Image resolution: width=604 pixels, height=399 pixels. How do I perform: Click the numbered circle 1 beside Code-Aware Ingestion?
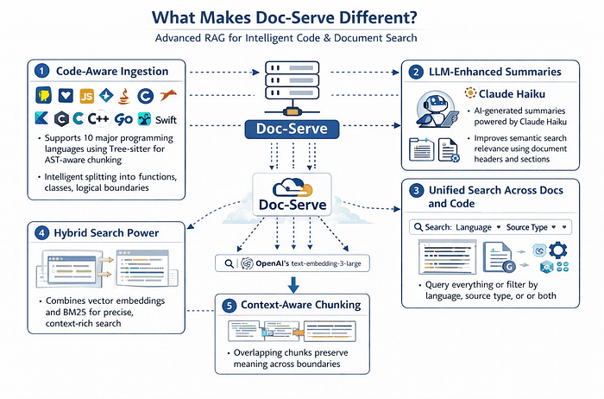click(x=42, y=71)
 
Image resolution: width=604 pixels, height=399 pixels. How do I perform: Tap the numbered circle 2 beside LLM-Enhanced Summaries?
click(x=416, y=72)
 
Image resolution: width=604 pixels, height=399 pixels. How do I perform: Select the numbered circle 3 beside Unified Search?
click(x=416, y=191)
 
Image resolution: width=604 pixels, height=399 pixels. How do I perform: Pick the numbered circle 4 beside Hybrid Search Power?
click(x=41, y=233)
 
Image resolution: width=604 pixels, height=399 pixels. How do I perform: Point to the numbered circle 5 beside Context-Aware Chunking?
click(x=230, y=306)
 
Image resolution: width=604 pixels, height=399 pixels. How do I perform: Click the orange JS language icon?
click(x=86, y=96)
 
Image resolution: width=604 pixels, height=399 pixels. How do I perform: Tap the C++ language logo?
click(x=98, y=118)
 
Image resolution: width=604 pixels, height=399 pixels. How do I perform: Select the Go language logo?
click(x=123, y=119)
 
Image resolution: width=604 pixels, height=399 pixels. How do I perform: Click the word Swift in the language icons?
click(x=166, y=120)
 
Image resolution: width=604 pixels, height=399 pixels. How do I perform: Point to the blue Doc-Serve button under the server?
click(x=292, y=129)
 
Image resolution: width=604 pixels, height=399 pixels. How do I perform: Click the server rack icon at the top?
click(x=292, y=80)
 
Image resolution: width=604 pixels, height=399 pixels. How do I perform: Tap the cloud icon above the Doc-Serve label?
click(x=293, y=187)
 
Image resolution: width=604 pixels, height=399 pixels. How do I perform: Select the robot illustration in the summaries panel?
click(x=437, y=109)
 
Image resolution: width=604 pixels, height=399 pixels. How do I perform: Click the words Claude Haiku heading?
click(x=512, y=93)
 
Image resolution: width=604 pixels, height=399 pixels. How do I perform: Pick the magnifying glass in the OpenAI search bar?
click(x=229, y=263)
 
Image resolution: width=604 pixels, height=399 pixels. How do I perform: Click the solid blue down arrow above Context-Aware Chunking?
click(x=293, y=284)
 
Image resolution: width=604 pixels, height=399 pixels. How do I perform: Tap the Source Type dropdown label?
click(x=526, y=227)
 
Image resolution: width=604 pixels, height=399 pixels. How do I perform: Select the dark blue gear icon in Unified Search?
click(x=557, y=250)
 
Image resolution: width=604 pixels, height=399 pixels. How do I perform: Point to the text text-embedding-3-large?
click(x=326, y=263)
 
